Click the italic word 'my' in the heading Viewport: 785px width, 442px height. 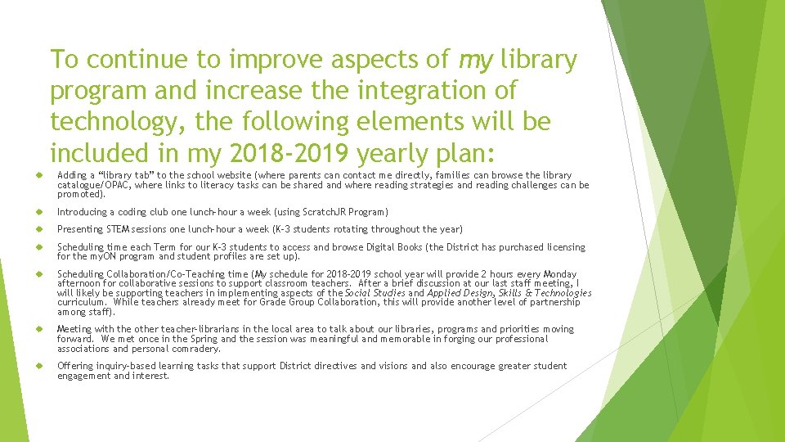coord(476,60)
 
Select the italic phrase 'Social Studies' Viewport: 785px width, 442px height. coord(375,293)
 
